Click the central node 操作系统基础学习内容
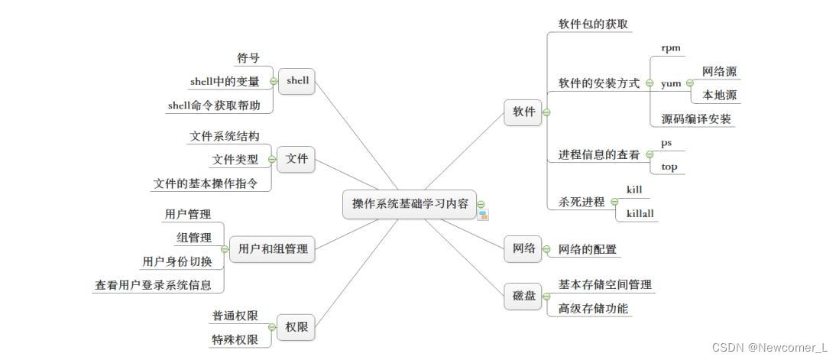[x=410, y=204]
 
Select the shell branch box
[x=296, y=81]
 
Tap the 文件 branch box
[x=296, y=159]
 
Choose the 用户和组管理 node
[x=273, y=248]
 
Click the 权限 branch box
[x=296, y=327]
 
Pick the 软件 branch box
[x=523, y=112]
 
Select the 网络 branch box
[x=523, y=249]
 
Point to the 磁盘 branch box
[x=523, y=296]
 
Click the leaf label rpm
[x=670, y=47]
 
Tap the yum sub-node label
[x=670, y=83]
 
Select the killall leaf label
[x=640, y=213]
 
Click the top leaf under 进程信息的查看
[x=669, y=167]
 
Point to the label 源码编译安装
[x=696, y=118]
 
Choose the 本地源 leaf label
[x=719, y=96]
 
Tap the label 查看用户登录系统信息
[x=153, y=285]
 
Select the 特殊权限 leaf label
[x=235, y=339]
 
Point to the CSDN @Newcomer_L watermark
[x=769, y=348]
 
